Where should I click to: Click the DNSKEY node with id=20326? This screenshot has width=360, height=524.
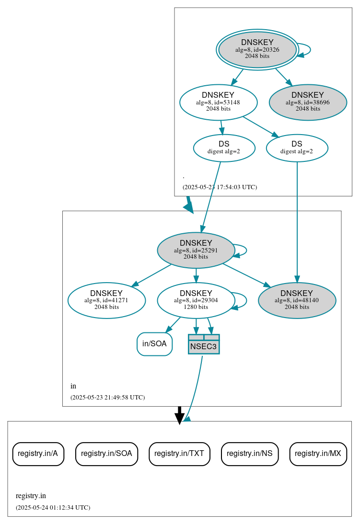257,49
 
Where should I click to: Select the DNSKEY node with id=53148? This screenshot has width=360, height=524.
218,102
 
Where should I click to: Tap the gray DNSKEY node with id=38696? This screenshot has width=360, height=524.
308,102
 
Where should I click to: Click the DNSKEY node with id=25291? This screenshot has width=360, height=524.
196,250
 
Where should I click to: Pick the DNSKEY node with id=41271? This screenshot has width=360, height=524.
106,300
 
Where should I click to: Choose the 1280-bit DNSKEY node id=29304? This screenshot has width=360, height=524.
196,300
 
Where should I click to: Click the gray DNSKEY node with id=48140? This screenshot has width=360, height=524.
297,300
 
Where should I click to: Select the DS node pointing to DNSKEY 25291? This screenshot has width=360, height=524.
224,148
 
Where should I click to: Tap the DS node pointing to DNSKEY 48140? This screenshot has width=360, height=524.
297,148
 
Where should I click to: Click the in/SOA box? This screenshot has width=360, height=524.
154,344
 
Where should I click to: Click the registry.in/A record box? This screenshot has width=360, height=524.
38,454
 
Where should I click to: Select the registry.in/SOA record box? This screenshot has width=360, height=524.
106,454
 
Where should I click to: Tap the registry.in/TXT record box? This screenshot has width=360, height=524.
179,454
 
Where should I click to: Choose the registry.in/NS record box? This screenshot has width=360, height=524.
249,454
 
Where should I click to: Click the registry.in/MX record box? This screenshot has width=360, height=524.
318,454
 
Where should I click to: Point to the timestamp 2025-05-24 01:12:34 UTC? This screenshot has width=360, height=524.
53,507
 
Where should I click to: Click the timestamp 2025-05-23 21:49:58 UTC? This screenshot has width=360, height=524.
107,397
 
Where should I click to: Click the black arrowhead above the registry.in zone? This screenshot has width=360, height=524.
179,418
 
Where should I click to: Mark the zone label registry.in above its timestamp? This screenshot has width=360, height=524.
31,496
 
